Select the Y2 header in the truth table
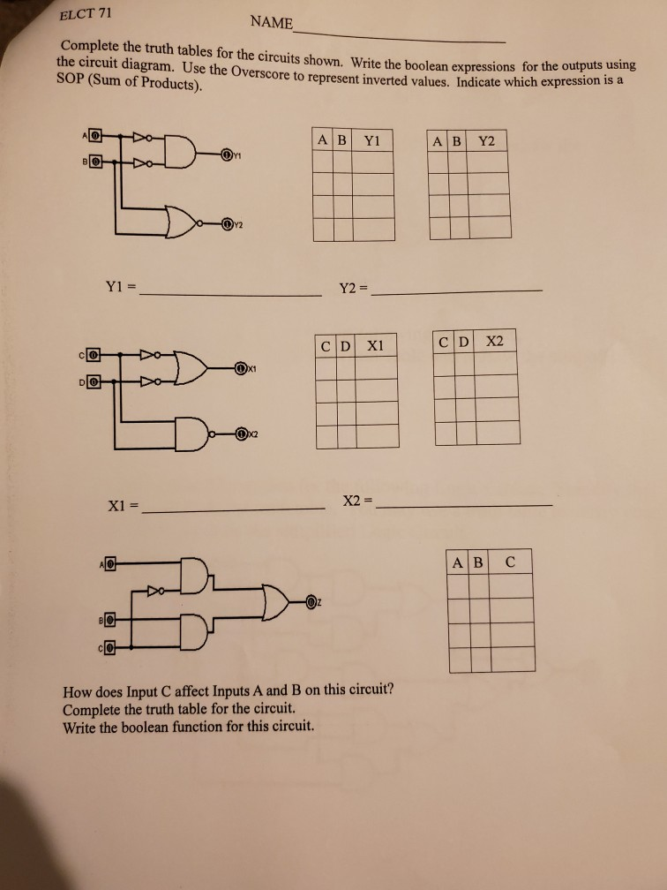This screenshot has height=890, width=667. (487, 140)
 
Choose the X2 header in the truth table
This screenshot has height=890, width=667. (494, 342)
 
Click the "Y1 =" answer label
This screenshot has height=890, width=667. (120, 286)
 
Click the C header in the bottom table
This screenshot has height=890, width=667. (510, 562)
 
